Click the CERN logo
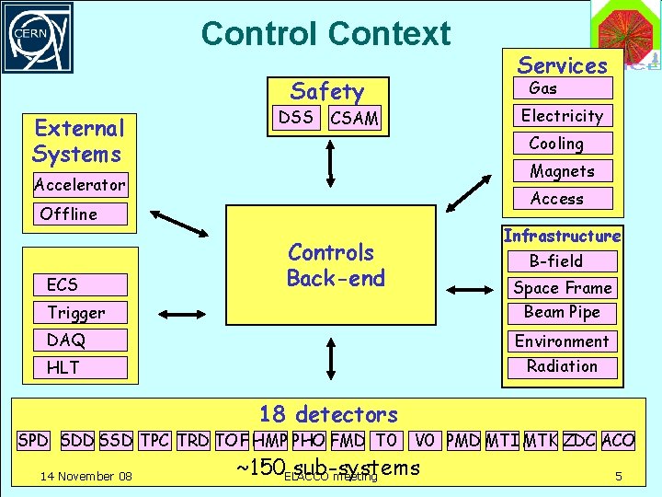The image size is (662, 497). coord(37,37)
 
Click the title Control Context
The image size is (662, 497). coord(325,34)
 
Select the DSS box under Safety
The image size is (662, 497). coord(296,117)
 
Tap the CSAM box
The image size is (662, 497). coord(354,118)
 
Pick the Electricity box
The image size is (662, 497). coord(562,116)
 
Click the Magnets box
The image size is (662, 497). coord(562,171)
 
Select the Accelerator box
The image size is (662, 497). coord(80,185)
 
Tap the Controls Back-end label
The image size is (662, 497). coord(336,265)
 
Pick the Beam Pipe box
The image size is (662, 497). coord(562,312)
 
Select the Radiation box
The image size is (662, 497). coord(562,366)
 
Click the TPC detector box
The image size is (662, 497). coord(155,440)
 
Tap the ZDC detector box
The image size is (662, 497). coord(579,440)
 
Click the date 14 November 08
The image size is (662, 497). coord(86,476)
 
